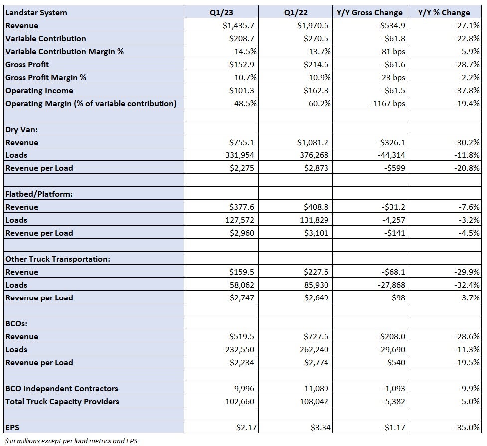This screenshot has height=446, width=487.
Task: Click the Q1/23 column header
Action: coord(221,13)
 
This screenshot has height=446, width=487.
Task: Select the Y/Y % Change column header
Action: coord(444,13)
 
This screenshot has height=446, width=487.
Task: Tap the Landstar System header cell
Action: coord(36,13)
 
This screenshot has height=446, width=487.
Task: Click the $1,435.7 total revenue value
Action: coord(239,25)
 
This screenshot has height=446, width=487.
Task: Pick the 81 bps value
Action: coord(393,51)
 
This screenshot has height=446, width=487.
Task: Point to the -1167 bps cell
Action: coord(387,104)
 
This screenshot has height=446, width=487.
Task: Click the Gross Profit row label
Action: coord(27,65)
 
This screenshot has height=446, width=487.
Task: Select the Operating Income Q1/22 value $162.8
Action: coord(316,90)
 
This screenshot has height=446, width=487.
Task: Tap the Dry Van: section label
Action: coord(22,129)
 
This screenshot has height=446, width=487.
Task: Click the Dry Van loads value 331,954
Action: coord(239,155)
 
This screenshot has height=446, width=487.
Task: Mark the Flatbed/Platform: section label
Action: coord(39,194)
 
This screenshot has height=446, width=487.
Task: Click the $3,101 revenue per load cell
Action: coord(316,233)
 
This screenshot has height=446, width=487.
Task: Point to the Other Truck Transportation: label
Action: coord(58,259)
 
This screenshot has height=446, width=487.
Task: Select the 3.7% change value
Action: coord(470,298)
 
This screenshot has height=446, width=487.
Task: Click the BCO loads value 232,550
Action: coord(239,350)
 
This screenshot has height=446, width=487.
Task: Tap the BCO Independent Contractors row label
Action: coord(62,389)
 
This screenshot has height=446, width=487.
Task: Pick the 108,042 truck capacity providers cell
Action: coord(314,402)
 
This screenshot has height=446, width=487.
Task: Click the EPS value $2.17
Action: coord(246,428)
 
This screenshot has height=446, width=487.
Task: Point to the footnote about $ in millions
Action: coord(71,441)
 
